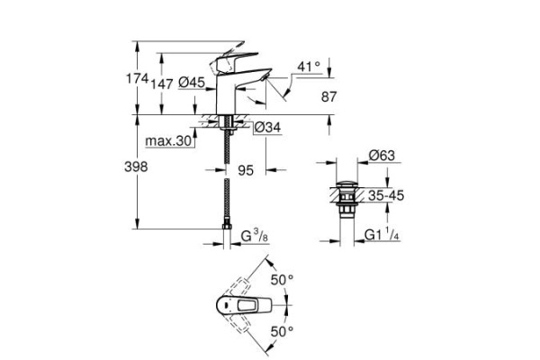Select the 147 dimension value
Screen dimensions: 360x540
click(x=163, y=82)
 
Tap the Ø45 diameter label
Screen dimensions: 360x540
click(x=192, y=82)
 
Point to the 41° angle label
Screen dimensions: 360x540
click(x=309, y=67)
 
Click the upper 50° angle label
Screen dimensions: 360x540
click(x=283, y=281)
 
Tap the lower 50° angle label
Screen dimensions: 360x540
click(x=283, y=332)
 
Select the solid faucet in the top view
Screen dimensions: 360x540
click(x=238, y=308)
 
